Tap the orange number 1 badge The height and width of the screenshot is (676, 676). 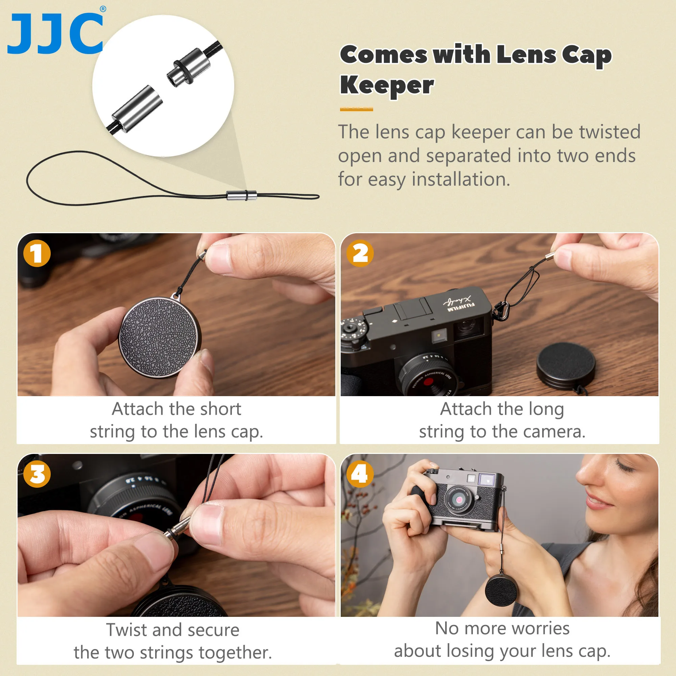[37, 253]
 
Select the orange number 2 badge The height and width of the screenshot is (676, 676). [360, 253]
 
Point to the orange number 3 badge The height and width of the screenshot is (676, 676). [37, 475]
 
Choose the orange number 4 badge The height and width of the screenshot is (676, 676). [360, 475]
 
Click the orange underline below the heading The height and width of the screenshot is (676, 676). [356, 110]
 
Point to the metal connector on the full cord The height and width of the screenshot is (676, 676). [241, 195]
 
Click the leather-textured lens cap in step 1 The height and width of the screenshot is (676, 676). [161, 338]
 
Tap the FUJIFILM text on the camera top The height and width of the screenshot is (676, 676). [461, 307]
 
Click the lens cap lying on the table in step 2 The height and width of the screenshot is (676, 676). [565, 364]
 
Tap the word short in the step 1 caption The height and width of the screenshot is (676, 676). [220, 409]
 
